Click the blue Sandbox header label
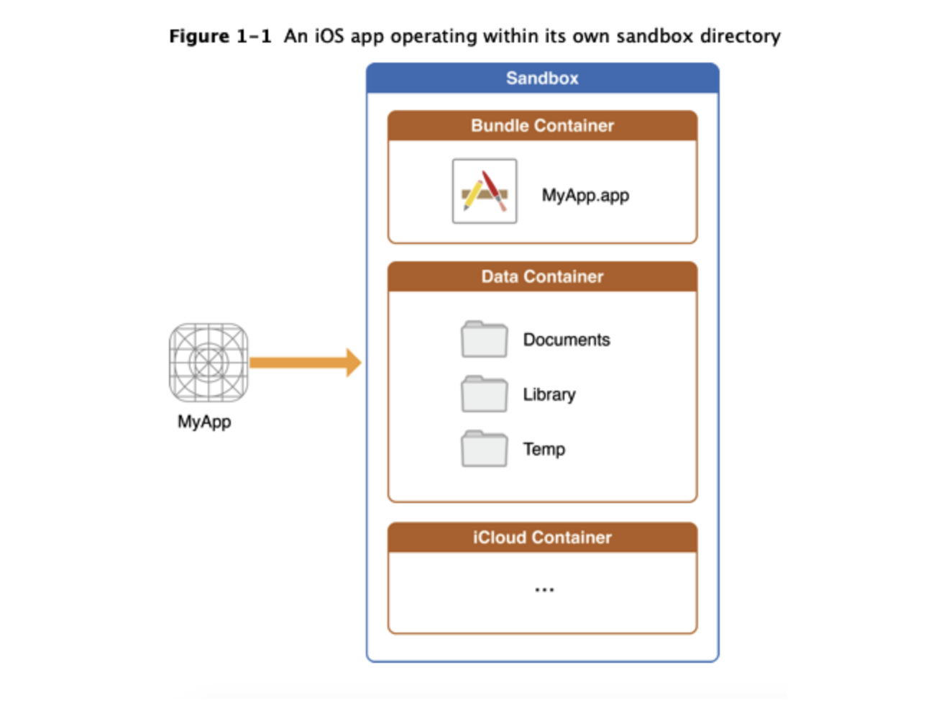[x=542, y=78]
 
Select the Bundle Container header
[x=542, y=126]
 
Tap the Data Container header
[x=542, y=277]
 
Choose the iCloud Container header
[x=542, y=538]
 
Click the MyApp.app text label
[x=585, y=196]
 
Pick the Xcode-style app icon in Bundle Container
[x=485, y=191]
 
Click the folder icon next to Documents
[x=484, y=340]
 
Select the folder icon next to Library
[x=484, y=394]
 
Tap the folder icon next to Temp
[x=484, y=449]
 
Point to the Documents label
[x=567, y=340]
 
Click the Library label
[x=549, y=394]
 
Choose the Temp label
[x=544, y=449]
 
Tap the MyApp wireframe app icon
[x=208, y=362]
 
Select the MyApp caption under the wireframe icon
[x=204, y=422]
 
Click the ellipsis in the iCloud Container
[x=544, y=590]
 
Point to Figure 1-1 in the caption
[x=220, y=36]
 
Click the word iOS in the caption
[x=329, y=36]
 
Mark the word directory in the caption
[x=741, y=36]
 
